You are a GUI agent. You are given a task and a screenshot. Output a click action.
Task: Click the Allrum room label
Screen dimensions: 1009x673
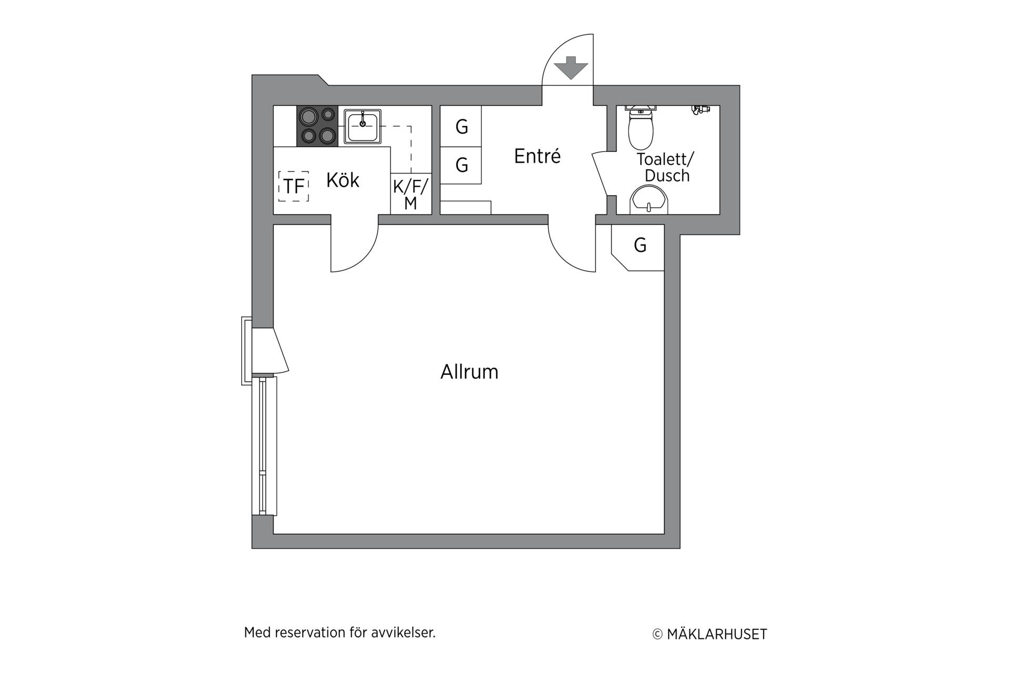point(469,372)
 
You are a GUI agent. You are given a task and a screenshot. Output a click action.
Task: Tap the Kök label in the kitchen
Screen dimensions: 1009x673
point(343,180)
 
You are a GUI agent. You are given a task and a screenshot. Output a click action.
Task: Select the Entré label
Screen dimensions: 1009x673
point(537,156)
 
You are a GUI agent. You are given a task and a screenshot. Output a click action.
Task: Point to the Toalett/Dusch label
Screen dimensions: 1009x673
point(666,167)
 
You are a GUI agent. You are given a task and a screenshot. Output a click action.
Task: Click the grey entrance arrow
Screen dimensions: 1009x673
point(571,67)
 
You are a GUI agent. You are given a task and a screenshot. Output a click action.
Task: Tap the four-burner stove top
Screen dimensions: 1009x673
point(317,126)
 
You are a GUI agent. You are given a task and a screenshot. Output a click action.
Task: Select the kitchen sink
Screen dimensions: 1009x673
point(363,126)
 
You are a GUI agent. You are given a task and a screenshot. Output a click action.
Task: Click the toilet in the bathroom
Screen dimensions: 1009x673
point(641,127)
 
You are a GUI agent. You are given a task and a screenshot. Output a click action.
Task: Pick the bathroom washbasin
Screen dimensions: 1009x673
point(649,199)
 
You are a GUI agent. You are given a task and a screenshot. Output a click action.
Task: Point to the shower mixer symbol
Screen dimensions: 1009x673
point(701,109)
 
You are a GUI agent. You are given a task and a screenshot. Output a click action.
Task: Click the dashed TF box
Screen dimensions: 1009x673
point(293,186)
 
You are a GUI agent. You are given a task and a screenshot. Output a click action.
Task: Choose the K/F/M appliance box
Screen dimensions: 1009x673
point(411,194)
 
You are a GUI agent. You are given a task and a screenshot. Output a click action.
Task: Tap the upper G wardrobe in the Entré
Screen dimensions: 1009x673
point(461,126)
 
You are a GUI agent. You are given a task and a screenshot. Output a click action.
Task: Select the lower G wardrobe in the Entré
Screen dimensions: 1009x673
point(461,165)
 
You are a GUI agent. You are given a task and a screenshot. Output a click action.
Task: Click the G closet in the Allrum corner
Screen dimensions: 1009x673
point(639,247)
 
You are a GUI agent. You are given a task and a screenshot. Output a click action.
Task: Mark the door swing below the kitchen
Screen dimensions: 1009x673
point(364,259)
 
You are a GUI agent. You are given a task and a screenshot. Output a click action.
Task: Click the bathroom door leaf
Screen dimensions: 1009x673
point(600,174)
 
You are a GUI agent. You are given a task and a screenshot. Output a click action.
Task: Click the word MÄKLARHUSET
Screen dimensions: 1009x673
point(717,635)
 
